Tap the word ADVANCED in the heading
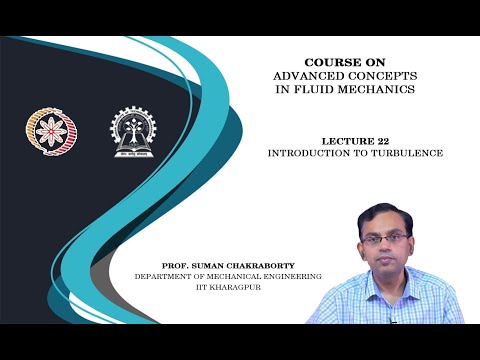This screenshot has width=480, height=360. [307, 76]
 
